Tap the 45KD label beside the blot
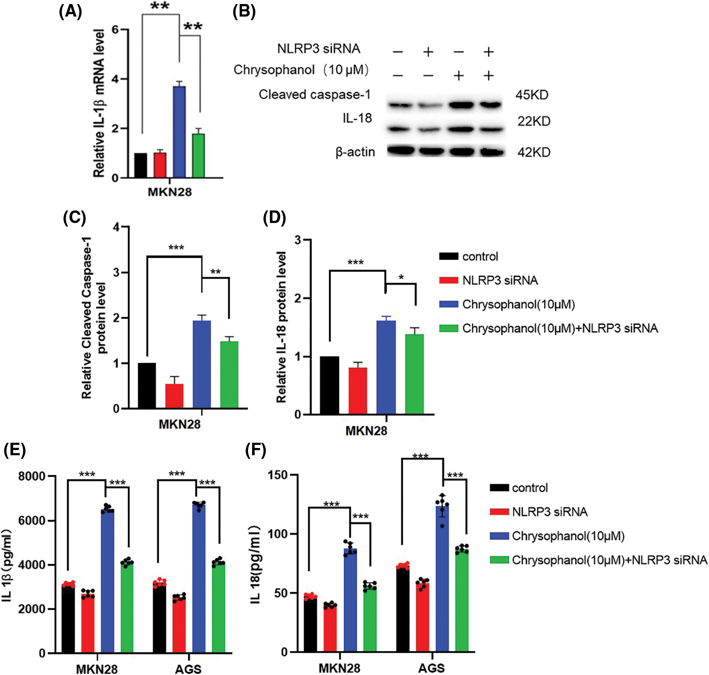532,95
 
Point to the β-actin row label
355,152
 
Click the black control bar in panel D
329,385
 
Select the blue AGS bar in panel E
199,578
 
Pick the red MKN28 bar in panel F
330,628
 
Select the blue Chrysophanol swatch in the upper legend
448,304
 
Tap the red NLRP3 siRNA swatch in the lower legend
499,512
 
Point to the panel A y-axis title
99,103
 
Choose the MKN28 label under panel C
179,424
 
